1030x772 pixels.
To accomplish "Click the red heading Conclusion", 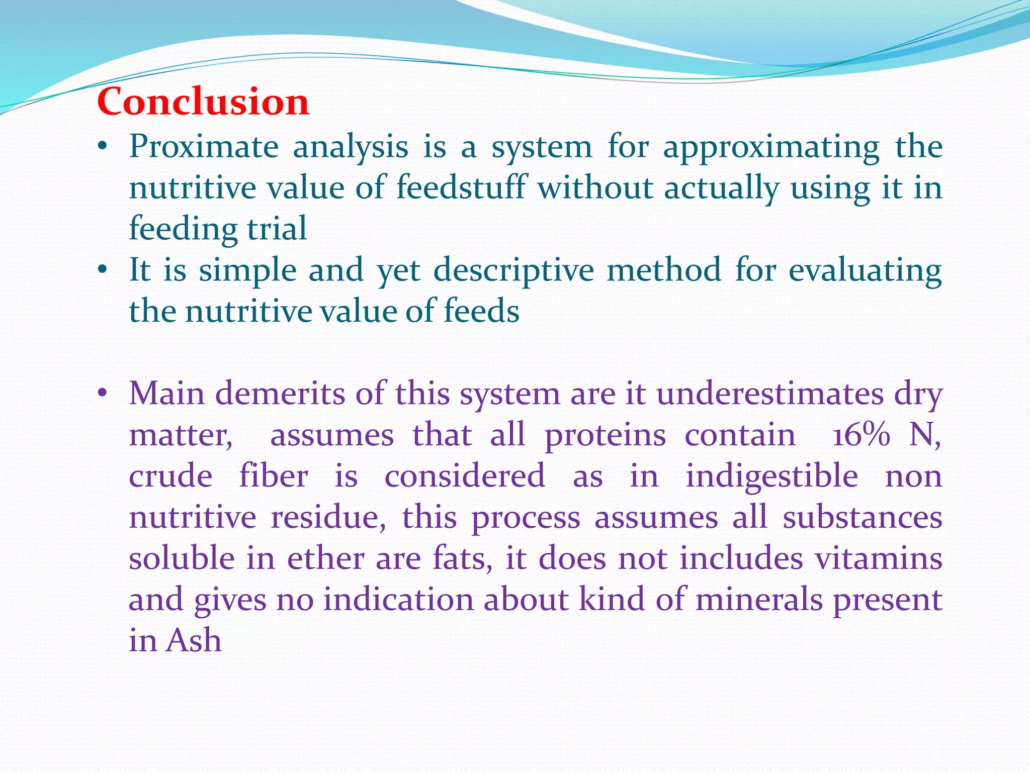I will tap(203, 102).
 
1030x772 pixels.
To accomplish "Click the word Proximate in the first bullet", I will tap(204, 148).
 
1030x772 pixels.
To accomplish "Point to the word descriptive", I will tap(513, 271).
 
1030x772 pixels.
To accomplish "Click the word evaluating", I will tap(865, 271).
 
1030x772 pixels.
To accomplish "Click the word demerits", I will tap(280, 394).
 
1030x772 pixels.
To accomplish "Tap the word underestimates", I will tap(769, 394).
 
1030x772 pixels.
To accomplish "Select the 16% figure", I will tap(861, 435).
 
